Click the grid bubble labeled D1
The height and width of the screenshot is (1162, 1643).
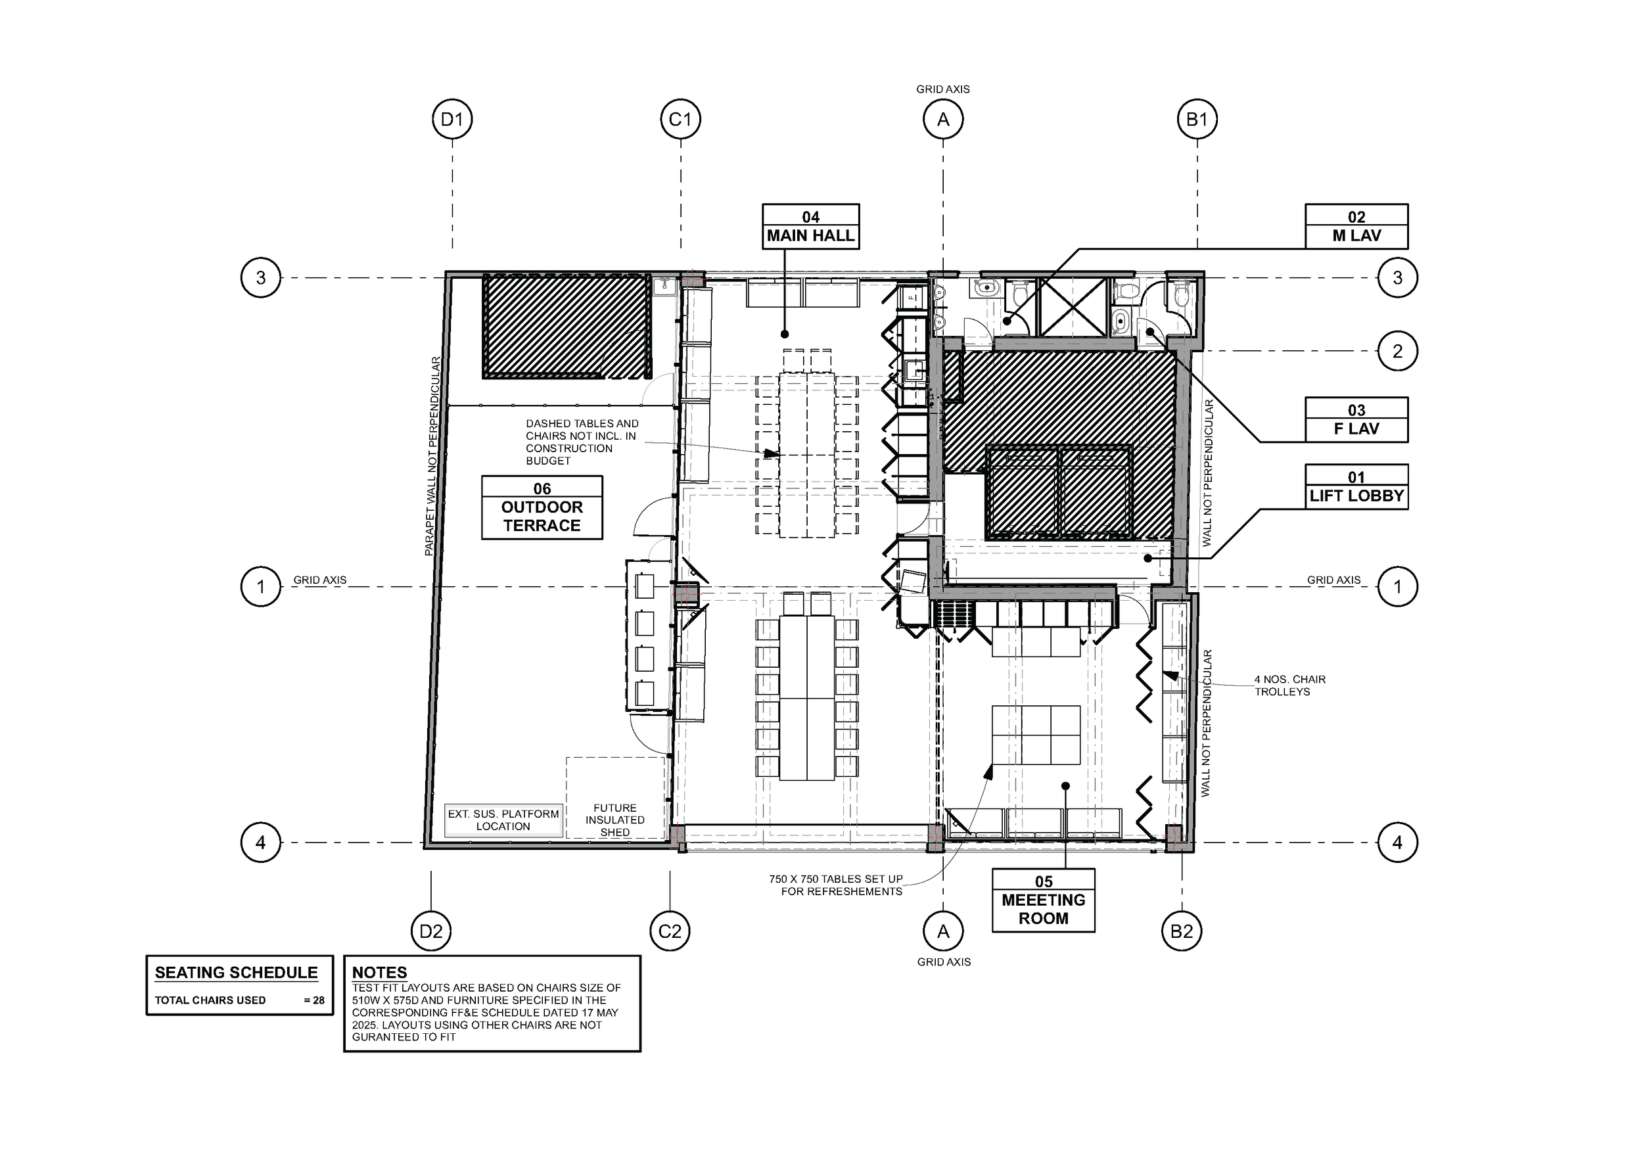tap(452, 119)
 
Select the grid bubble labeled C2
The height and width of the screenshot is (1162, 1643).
tap(670, 931)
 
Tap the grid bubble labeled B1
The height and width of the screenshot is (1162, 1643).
tap(1197, 119)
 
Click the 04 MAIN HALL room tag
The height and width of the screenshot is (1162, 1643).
tap(810, 227)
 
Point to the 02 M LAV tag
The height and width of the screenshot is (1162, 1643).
tap(1356, 227)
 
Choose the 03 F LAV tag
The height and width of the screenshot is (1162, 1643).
tap(1356, 420)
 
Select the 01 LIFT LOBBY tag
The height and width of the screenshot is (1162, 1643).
tap(1356, 487)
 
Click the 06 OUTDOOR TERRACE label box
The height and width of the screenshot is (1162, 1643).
tap(542, 507)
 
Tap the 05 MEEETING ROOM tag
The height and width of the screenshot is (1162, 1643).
tap(1044, 900)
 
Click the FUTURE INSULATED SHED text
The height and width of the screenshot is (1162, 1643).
tap(614, 820)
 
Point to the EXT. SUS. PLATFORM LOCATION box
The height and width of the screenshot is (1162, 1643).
tap(503, 820)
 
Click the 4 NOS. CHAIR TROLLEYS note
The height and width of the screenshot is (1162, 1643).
tap(1289, 686)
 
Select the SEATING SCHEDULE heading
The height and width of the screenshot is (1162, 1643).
tap(236, 973)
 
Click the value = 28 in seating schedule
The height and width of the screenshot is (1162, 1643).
tap(314, 1000)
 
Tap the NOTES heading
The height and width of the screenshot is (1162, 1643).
tap(379, 973)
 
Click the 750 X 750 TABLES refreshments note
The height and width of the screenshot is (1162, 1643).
tap(836, 885)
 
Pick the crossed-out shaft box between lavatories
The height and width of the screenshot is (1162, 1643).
tap(1071, 307)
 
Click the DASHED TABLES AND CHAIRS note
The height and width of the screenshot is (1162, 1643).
tap(581, 442)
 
